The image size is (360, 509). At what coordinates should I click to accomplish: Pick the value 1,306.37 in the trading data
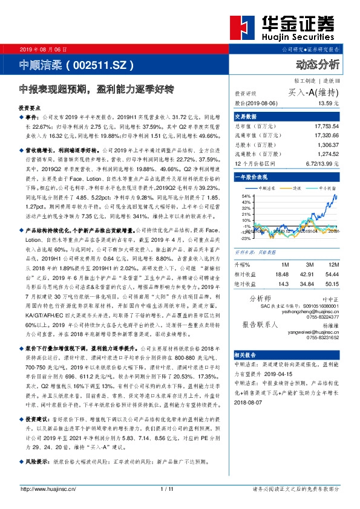click(x=327, y=145)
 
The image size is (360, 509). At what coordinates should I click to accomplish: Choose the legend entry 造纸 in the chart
click(x=297, y=189)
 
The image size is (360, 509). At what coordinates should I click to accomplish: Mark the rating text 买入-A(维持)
click(x=313, y=92)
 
